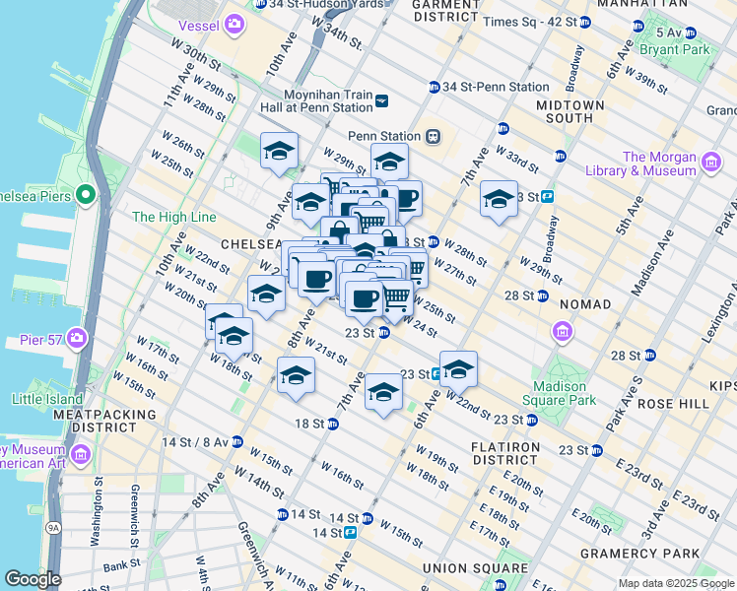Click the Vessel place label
[x=197, y=22]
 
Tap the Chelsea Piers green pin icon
[x=86, y=193]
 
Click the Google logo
[x=33, y=579]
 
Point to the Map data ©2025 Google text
[x=675, y=583]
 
